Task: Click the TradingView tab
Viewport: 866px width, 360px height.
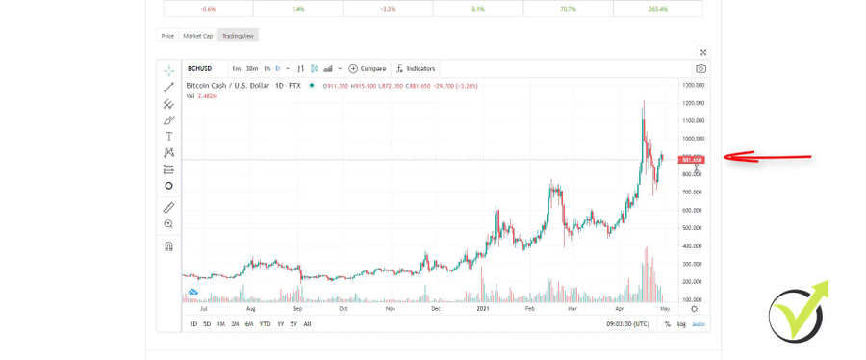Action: click(x=238, y=36)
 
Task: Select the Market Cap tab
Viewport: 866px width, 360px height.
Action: click(x=198, y=36)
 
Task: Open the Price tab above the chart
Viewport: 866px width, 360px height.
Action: click(x=167, y=36)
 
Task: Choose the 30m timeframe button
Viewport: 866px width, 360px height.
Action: click(x=251, y=69)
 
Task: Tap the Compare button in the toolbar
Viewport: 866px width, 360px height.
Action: click(x=368, y=69)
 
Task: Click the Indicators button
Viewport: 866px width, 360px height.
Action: click(x=416, y=69)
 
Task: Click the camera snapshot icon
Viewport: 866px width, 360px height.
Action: click(x=700, y=69)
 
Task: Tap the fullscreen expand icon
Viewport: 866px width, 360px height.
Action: click(x=703, y=52)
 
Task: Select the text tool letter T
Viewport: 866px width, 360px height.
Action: click(x=168, y=137)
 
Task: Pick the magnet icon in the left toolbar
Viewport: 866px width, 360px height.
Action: click(x=168, y=246)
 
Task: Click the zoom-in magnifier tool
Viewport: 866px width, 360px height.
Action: click(x=168, y=224)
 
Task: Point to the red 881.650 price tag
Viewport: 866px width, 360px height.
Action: click(x=692, y=160)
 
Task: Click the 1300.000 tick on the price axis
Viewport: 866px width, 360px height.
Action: click(x=693, y=85)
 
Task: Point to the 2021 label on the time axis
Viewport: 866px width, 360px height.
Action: click(x=483, y=309)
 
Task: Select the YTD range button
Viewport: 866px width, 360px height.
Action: click(x=265, y=324)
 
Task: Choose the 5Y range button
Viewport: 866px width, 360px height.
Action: click(x=293, y=324)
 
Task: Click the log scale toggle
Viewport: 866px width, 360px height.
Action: click(x=681, y=324)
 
